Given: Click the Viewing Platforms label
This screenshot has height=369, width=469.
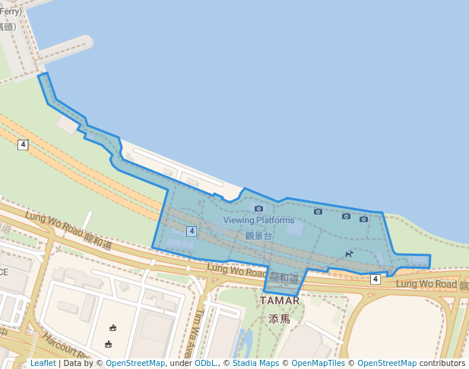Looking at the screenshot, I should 258,220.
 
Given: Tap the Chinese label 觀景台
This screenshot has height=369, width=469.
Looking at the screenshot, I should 258,235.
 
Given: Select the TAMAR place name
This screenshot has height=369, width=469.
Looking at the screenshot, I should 280,301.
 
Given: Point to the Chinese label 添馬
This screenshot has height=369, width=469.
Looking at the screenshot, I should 280,319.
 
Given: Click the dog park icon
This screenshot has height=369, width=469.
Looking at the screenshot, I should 348,254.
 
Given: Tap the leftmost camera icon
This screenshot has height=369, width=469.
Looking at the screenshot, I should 258,208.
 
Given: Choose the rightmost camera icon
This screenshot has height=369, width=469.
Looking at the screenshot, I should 363,219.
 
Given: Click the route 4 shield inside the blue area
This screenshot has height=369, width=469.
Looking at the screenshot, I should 192,231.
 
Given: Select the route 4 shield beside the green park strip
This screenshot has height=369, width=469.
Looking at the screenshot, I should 24,144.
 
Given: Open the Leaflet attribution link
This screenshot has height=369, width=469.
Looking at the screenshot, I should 43,363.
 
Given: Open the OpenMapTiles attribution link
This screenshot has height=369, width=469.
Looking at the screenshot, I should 318,363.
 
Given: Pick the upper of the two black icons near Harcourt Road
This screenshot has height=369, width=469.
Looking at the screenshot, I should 112,328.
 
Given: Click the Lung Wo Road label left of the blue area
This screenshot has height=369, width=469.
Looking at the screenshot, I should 68,230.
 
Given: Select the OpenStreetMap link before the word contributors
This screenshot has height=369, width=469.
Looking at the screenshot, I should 386,363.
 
